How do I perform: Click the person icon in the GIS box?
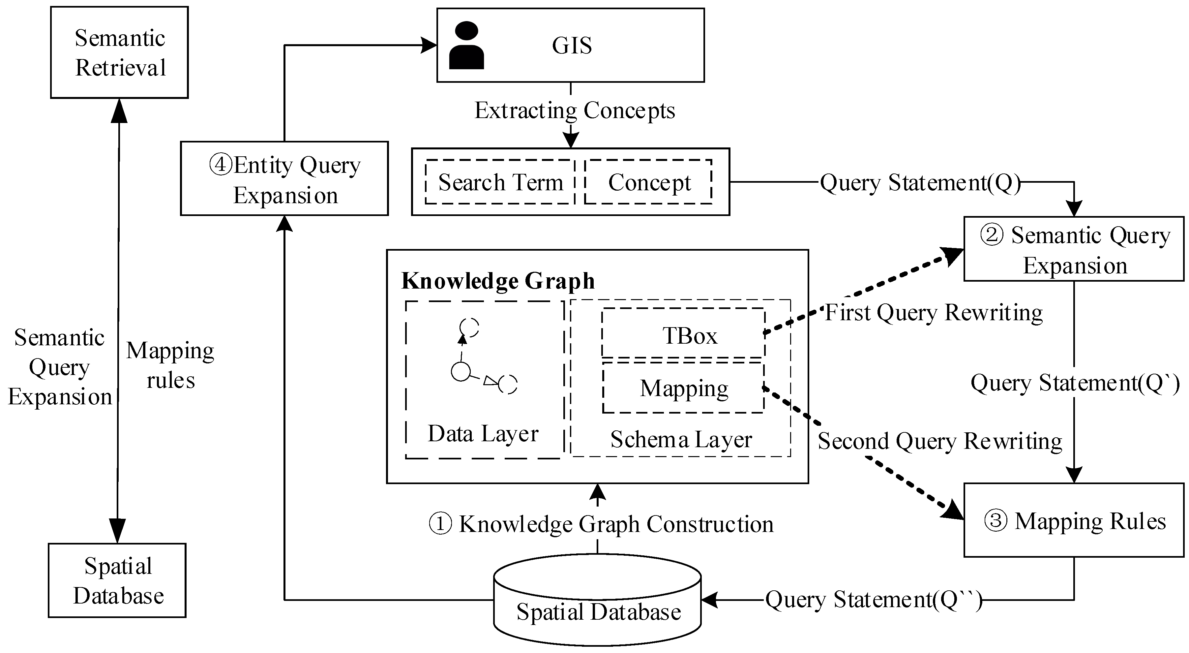pyautogui.click(x=466, y=46)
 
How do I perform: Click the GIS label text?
pyautogui.click(x=571, y=46)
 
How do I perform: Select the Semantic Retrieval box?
pyautogui.click(x=120, y=52)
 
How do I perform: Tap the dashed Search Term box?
pyautogui.click(x=500, y=182)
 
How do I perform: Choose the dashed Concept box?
pyautogui.click(x=648, y=182)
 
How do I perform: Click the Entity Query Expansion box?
pyautogui.click(x=284, y=179)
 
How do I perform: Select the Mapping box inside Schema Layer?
pyautogui.click(x=683, y=388)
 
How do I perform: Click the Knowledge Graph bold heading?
pyautogui.click(x=497, y=281)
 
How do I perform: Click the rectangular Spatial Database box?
pyautogui.click(x=117, y=580)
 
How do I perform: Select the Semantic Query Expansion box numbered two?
pyautogui.click(x=1074, y=249)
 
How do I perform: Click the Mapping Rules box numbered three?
pyautogui.click(x=1074, y=520)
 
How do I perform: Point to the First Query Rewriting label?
pyautogui.click(x=933, y=313)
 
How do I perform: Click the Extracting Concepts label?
pyautogui.click(x=575, y=111)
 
